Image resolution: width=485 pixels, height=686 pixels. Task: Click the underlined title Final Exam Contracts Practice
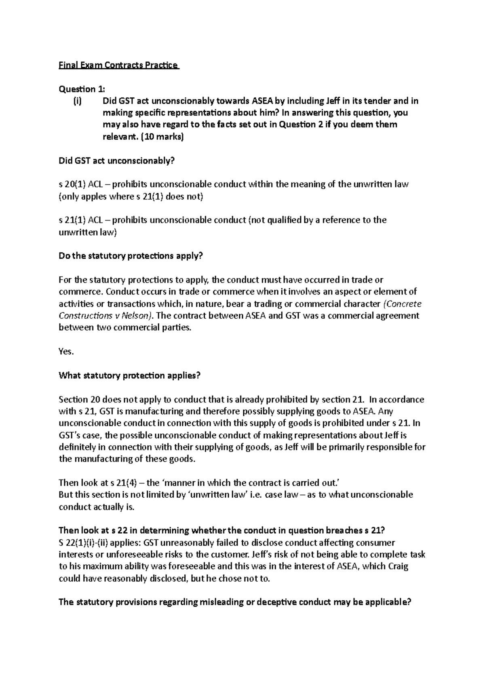coord(118,65)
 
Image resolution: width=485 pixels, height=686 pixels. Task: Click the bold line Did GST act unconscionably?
coord(116,161)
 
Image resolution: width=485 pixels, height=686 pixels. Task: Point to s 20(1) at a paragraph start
coord(72,185)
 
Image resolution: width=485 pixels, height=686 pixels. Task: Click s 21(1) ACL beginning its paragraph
coord(81,220)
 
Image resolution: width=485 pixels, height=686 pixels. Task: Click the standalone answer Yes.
coord(66,351)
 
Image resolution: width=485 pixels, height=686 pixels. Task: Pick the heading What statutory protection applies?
coord(129,375)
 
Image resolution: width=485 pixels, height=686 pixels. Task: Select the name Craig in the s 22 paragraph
coord(398,566)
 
